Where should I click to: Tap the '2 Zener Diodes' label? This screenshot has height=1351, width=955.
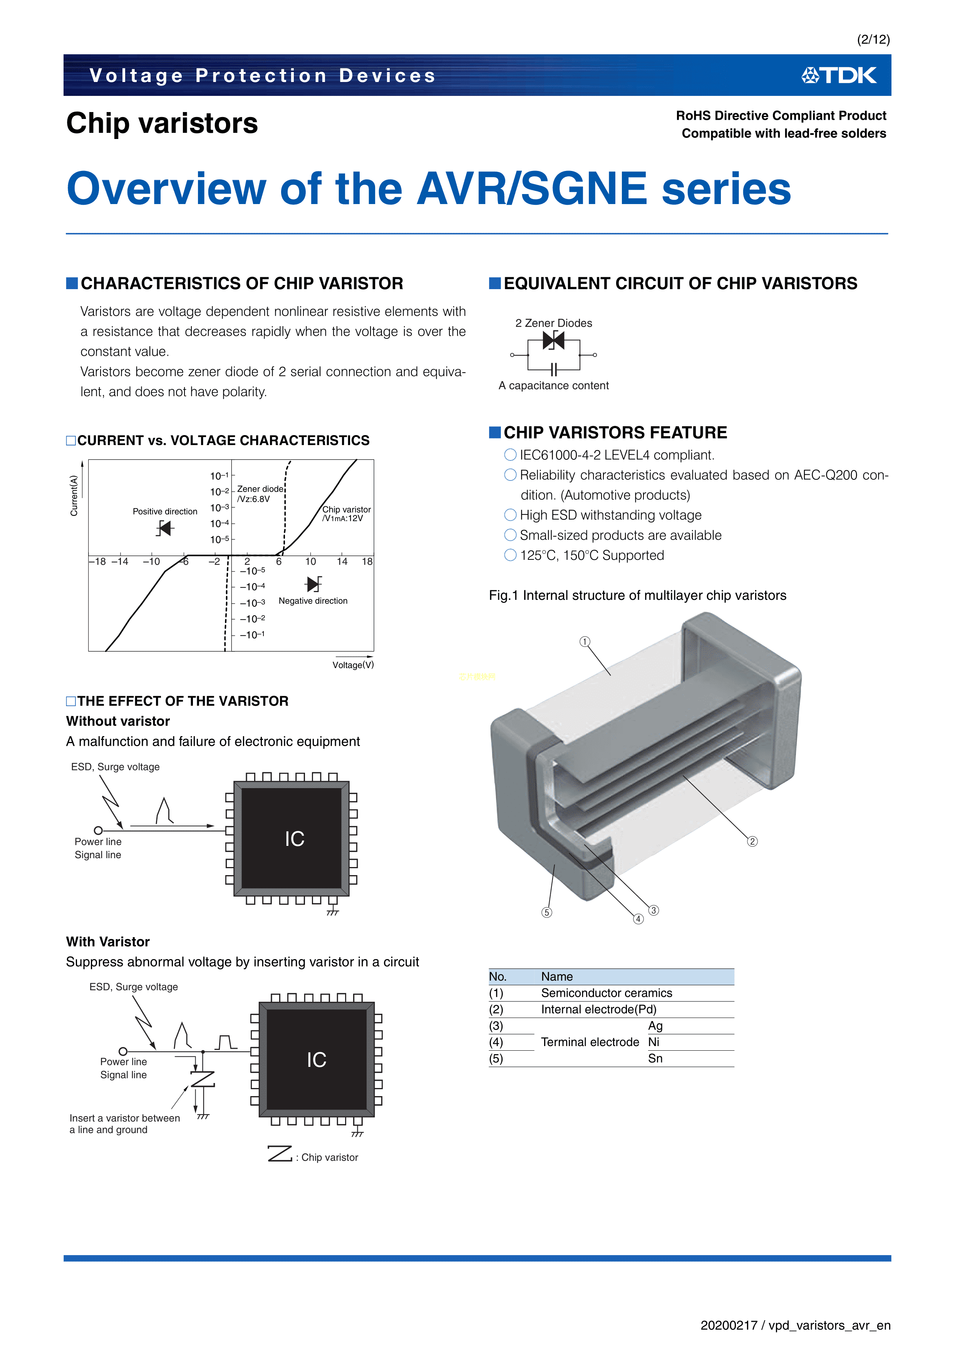(x=553, y=323)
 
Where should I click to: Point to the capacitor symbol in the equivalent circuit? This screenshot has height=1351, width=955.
(x=553, y=370)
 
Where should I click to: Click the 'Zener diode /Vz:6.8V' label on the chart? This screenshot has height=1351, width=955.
(x=260, y=494)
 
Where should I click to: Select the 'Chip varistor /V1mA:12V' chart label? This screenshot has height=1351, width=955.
(x=346, y=514)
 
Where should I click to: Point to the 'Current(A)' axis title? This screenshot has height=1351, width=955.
(x=74, y=496)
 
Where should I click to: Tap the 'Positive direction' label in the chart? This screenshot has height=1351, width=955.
(x=165, y=511)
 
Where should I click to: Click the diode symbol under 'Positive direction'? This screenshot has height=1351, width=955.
(x=165, y=528)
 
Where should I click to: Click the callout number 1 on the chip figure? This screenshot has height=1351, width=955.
(x=584, y=641)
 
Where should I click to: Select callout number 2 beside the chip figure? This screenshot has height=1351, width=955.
(x=752, y=841)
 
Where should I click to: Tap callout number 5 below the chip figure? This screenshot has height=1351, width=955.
(x=547, y=912)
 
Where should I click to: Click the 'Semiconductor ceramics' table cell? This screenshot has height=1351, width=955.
(x=606, y=993)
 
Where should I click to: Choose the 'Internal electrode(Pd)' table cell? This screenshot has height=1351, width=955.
(x=598, y=1010)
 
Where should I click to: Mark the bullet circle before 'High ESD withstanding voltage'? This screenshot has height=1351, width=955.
(x=510, y=516)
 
